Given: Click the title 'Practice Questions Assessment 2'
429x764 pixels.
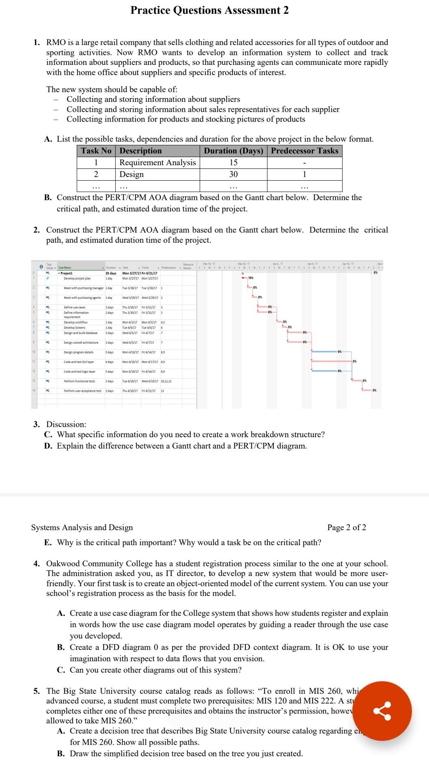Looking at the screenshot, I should (209, 11).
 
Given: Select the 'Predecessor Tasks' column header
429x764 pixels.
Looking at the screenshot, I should (304, 151).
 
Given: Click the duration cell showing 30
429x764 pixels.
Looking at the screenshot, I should (233, 174).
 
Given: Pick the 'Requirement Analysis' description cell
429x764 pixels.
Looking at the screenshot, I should (157, 162).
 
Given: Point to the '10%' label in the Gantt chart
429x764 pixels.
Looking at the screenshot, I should (251, 278).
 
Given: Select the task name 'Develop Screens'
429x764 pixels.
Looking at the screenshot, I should (75, 327).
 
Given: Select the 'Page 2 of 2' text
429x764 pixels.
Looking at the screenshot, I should (346, 527).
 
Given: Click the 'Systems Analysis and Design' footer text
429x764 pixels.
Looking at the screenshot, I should (82, 527).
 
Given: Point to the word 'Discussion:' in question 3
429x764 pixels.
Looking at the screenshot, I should (66, 424).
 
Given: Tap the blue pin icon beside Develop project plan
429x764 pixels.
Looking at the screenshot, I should (47, 278).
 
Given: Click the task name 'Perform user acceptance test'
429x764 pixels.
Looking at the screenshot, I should (82, 391).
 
